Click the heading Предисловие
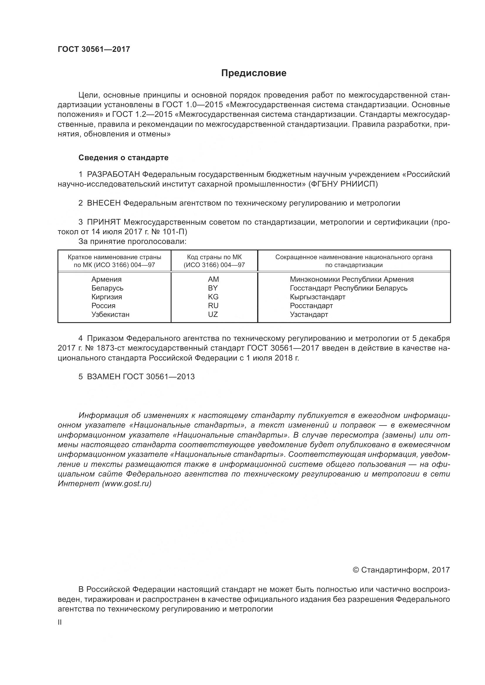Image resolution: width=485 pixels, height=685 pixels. [254, 73]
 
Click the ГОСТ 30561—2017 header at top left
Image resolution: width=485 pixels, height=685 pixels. [94, 49]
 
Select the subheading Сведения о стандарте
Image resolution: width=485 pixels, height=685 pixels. [123, 158]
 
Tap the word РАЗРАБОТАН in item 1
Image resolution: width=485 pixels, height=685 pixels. [113, 174]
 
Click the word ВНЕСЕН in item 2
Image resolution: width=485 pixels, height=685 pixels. [104, 203]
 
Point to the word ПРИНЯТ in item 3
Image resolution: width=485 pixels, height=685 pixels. [104, 222]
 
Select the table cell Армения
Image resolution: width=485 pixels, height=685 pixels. [106, 279]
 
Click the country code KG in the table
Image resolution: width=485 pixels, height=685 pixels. [213, 297]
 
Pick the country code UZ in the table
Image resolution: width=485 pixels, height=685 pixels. [213, 315]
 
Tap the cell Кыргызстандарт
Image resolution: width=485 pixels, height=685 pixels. [318, 297]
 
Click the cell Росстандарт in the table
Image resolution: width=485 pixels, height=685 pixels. [311, 305]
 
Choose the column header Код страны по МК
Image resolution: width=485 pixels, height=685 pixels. [214, 257]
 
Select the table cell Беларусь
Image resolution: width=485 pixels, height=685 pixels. [107, 288]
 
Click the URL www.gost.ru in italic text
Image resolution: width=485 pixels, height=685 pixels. [127, 484]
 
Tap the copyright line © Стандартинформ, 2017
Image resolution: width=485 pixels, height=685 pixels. [401, 570]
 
